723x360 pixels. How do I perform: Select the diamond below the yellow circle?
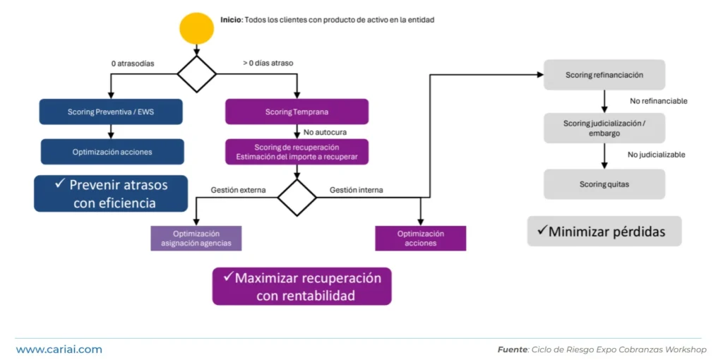196,73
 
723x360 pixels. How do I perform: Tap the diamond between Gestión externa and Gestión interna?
297,198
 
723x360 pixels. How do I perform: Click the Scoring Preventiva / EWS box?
111,112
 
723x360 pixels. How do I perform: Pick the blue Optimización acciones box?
112,152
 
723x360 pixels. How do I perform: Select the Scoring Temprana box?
297,112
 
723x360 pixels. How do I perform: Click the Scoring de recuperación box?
297,152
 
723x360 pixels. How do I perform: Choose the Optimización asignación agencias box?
196,239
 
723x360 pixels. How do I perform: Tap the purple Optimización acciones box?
421,239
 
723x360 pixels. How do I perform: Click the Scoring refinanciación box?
604,75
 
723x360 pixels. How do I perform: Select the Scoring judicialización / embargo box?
604,128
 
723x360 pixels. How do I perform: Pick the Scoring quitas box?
604,184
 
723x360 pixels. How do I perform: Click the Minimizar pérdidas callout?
604,232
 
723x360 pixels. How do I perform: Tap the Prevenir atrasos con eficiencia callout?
111,193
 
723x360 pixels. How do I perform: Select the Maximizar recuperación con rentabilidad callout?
301,287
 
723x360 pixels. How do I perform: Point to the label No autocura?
325,132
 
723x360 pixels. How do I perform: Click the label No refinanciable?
658,101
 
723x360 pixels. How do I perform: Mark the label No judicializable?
657,155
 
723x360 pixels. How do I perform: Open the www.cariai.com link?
59,349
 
